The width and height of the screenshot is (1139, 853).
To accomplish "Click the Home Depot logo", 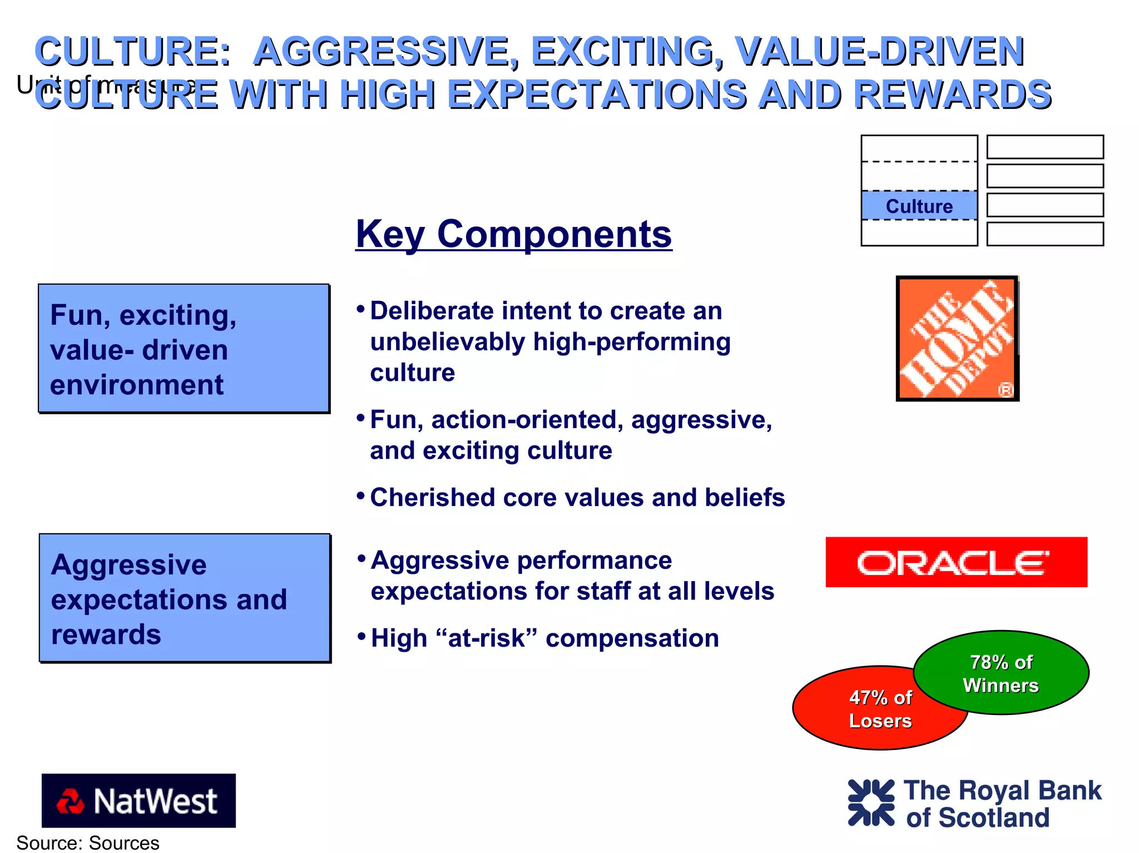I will click(x=957, y=338).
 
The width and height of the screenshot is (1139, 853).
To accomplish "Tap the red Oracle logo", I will click(x=956, y=562).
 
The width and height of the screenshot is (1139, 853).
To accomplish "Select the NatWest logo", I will click(x=138, y=800).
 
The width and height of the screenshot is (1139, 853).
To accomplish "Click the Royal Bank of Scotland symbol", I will click(x=871, y=802).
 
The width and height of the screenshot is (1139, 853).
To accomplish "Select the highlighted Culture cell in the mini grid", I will click(x=919, y=206).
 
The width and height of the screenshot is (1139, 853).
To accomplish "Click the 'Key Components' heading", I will click(x=513, y=234).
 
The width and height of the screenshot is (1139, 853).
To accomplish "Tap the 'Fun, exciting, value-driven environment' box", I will click(x=184, y=349).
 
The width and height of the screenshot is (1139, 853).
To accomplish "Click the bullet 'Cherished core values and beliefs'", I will click(x=577, y=497).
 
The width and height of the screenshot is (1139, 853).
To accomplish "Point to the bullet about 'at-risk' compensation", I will click(x=544, y=638).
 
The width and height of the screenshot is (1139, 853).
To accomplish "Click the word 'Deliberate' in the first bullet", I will click(x=431, y=311).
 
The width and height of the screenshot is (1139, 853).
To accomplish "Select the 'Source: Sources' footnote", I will click(x=88, y=842).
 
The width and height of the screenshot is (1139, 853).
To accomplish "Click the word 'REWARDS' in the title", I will click(x=952, y=94).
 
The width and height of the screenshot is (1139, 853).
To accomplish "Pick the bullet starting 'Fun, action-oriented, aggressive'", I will click(x=570, y=435).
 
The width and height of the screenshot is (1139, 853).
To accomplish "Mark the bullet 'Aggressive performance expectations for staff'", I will click(x=572, y=576).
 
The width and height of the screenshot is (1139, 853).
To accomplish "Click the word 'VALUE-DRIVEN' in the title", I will click(x=879, y=51).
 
